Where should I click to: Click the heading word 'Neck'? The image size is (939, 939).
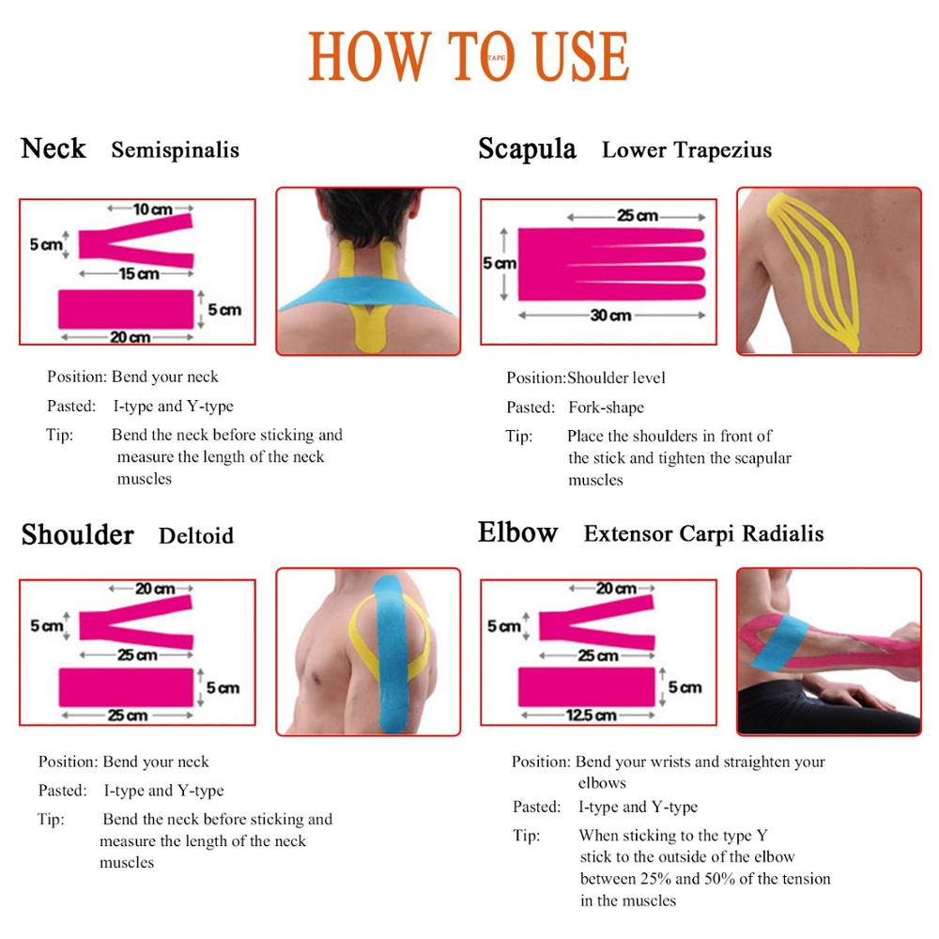(54, 148)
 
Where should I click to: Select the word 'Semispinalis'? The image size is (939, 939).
(175, 150)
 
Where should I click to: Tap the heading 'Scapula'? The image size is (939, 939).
(527, 148)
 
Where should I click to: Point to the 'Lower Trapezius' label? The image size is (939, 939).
(686, 150)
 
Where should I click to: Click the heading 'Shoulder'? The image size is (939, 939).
(78, 534)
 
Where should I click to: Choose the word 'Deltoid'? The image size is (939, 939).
(195, 536)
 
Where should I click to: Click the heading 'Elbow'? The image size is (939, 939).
(517, 532)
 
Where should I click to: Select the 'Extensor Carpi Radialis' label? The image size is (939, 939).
(703, 533)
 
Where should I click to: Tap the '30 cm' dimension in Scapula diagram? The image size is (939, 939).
(610, 316)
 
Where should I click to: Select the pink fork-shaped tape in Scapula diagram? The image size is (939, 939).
(601, 264)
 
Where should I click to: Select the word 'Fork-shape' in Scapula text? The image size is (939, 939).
(606, 408)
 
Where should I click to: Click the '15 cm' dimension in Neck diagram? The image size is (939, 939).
(138, 274)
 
